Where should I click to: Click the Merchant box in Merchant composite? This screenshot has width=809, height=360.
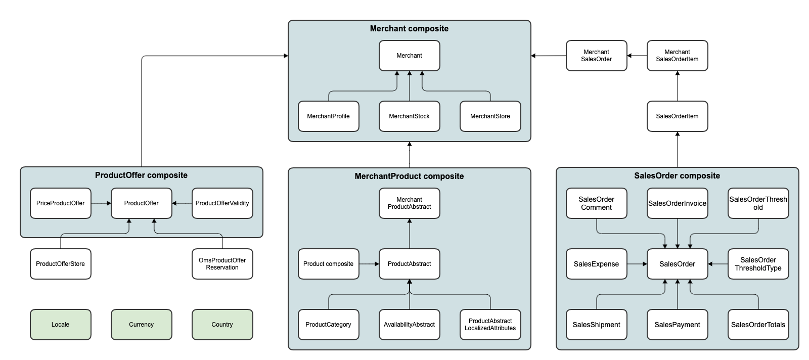tap(409, 56)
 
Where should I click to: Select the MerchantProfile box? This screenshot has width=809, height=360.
tap(328, 116)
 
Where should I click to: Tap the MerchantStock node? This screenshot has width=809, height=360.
tap(409, 116)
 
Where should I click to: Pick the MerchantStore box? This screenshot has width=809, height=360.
tap(490, 116)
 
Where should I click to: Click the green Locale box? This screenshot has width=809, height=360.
tap(61, 325)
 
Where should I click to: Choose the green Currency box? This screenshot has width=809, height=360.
tap(141, 325)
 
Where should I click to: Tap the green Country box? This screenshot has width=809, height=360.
tap(222, 325)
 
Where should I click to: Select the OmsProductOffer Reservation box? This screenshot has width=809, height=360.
tap(222, 264)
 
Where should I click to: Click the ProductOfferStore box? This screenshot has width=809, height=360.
tap(61, 264)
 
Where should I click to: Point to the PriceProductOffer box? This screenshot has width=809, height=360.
tap(61, 203)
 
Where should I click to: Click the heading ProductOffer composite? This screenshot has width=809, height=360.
tap(141, 175)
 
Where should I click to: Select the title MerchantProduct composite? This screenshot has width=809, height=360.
tap(409, 176)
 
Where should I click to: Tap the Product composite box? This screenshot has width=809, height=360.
tap(328, 264)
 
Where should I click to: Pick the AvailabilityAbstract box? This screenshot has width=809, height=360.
tap(409, 325)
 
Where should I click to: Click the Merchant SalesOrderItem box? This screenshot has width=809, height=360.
tap(677, 56)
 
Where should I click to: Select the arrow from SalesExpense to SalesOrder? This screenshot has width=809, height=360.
tap(637, 264)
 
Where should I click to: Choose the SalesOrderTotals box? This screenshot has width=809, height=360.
tap(758, 325)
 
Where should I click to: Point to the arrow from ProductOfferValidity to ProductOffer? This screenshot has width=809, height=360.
tap(182, 203)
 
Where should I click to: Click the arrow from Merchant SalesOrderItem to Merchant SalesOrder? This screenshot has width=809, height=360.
tap(637, 56)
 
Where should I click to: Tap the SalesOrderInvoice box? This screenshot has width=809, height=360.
tap(677, 203)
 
